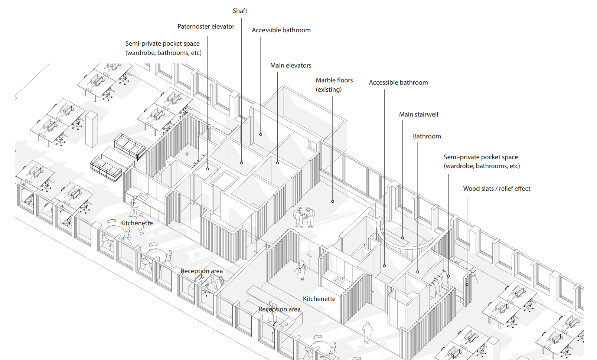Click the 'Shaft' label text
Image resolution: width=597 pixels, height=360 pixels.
240,11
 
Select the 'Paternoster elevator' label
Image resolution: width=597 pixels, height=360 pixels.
206,26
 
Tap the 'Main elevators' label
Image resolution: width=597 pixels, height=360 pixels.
290,65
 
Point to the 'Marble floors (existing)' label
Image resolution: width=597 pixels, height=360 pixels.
334,85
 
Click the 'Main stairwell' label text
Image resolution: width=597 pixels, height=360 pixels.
418,114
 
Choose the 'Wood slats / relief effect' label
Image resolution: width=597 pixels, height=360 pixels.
496,189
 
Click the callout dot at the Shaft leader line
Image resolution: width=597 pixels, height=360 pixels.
241,163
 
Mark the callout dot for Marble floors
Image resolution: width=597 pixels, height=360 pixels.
332,202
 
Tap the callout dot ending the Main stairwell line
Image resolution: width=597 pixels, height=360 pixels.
402,238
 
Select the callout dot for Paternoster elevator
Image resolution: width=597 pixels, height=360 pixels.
208,169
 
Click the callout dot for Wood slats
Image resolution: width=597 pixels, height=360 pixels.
467,285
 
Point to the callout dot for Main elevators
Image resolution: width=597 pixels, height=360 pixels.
277,163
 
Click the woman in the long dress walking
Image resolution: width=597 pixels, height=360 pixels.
301,270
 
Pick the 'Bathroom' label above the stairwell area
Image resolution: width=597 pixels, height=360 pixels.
427,137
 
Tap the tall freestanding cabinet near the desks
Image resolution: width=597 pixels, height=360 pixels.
92,129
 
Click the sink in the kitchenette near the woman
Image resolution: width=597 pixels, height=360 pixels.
339,280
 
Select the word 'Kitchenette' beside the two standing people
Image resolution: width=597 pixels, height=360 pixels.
136,223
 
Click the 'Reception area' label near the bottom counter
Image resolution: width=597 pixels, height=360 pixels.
279,309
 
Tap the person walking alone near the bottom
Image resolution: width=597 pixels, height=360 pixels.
367,333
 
